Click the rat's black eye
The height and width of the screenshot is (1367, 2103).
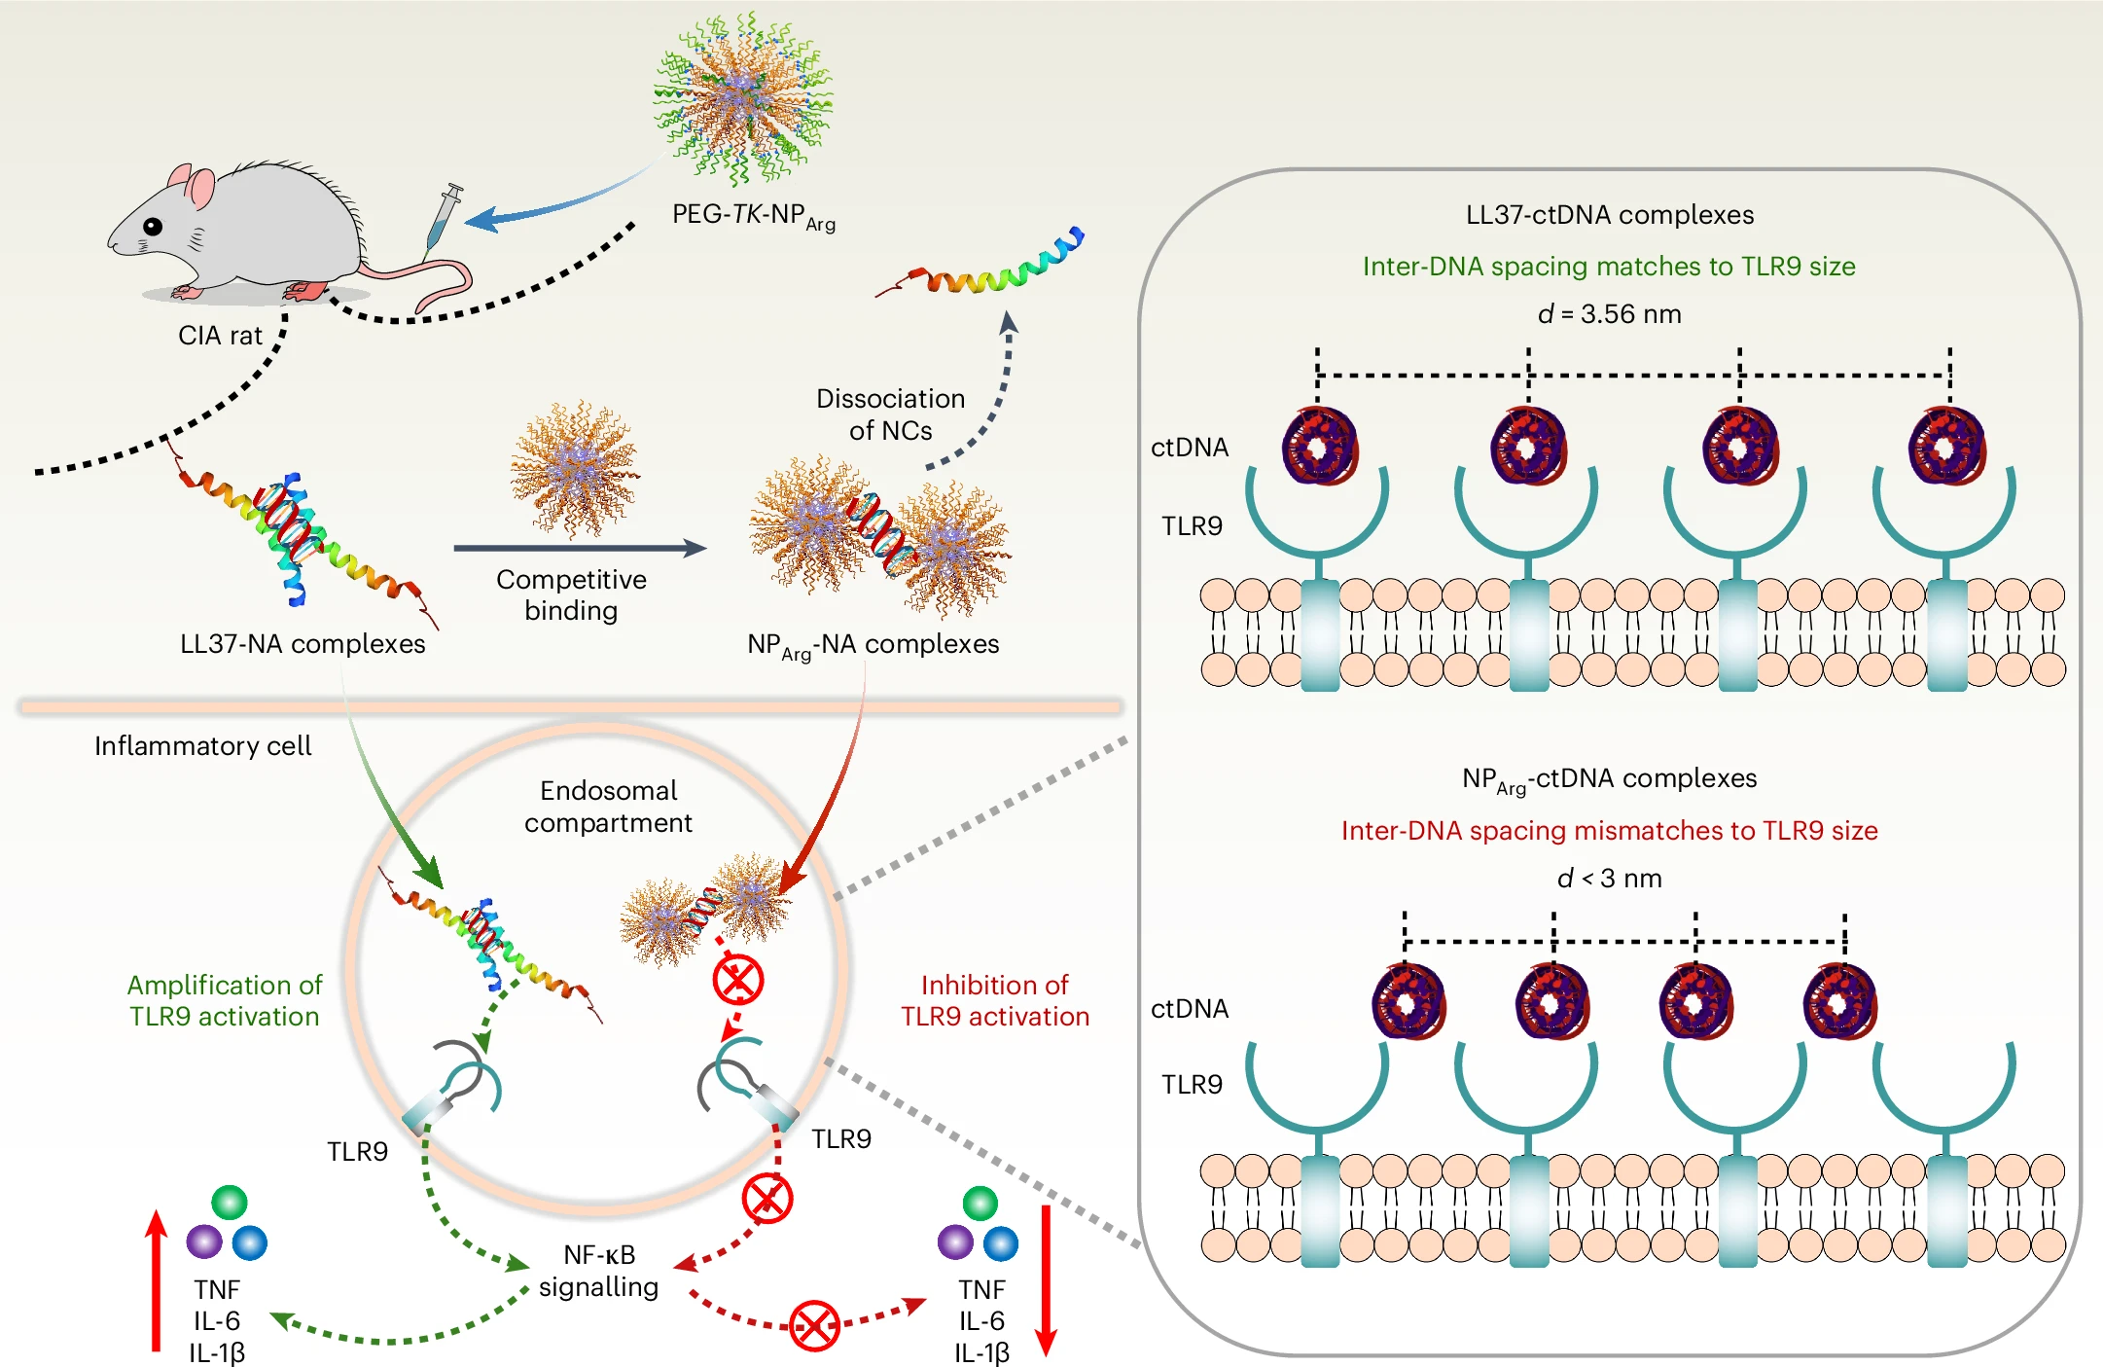153,227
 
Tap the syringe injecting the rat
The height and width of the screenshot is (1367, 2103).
443,218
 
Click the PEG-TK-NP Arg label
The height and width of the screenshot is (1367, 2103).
753,216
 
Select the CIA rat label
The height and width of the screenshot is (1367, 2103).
220,336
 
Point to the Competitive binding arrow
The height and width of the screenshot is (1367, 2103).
580,548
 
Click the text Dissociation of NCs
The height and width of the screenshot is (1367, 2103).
890,414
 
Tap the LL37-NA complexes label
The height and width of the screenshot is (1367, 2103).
303,644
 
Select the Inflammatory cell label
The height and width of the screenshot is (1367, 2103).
202,746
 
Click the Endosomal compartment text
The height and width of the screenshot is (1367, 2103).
608,807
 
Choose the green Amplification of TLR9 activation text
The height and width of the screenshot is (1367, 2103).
225,1000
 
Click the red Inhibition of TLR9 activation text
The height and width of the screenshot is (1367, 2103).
994,1000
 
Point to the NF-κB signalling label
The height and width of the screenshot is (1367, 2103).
598,1271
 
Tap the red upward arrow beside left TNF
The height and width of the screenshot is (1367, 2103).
156,1279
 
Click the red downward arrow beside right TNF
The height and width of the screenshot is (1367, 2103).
1046,1279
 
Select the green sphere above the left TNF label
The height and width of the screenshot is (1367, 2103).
230,1203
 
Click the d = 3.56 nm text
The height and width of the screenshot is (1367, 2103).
1609,314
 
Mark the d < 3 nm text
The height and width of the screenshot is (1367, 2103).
1609,879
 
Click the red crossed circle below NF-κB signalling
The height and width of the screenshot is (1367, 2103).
814,1325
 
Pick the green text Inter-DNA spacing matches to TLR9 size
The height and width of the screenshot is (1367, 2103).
1609,267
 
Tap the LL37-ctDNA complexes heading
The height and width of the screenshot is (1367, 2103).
1609,215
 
